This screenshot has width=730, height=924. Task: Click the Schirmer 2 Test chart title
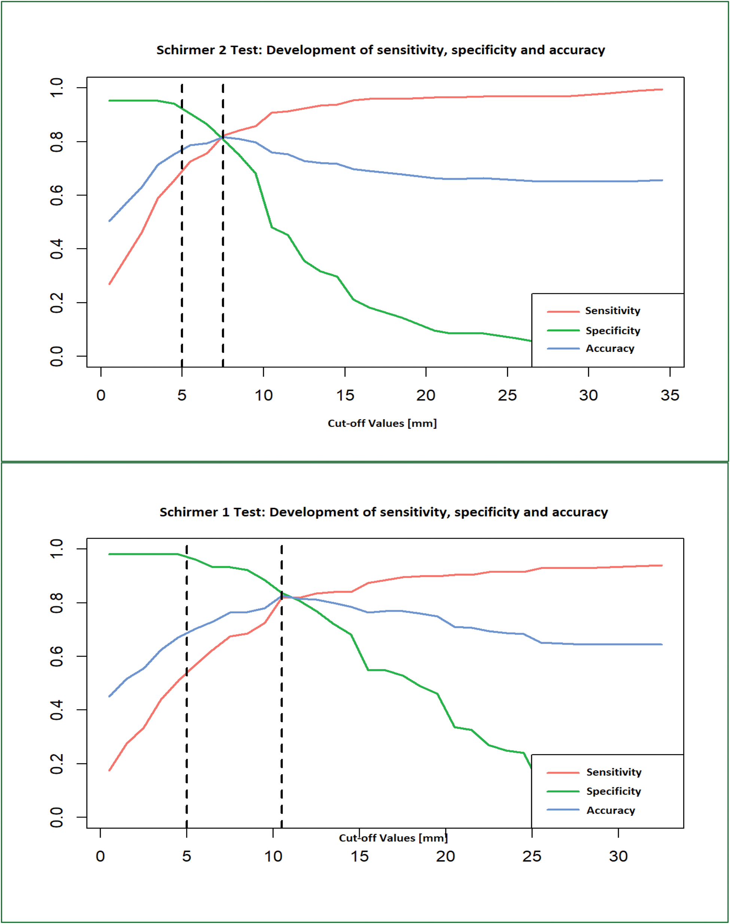pyautogui.click(x=380, y=50)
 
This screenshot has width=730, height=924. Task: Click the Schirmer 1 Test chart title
pyautogui.click(x=383, y=512)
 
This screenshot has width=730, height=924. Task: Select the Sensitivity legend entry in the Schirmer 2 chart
pyautogui.click(x=612, y=311)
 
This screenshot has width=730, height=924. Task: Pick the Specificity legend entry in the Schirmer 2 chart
pyautogui.click(x=612, y=330)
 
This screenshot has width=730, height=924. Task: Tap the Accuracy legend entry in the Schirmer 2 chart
pyautogui.click(x=609, y=349)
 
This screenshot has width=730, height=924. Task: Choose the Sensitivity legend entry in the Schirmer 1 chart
pyautogui.click(x=613, y=772)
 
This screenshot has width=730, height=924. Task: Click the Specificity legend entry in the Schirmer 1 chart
pyautogui.click(x=613, y=791)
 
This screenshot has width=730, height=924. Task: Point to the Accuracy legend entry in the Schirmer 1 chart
pyautogui.click(x=610, y=810)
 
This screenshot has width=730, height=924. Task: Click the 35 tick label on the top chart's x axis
pyautogui.click(x=670, y=395)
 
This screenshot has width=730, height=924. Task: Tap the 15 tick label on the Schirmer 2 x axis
pyautogui.click(x=345, y=395)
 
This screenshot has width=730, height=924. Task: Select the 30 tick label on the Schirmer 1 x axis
pyautogui.click(x=618, y=856)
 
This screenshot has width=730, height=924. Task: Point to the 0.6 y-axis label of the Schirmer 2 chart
pyautogui.click(x=57, y=195)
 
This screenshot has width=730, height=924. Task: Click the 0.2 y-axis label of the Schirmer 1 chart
pyautogui.click(x=57, y=764)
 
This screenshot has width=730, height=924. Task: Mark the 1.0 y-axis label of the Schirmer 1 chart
pyautogui.click(x=57, y=549)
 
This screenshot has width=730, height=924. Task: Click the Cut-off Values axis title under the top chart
pyautogui.click(x=382, y=423)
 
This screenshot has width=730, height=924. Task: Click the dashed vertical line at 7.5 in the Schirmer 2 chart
pyautogui.click(x=223, y=256)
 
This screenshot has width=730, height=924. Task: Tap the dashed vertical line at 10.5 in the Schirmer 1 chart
pyautogui.click(x=282, y=705)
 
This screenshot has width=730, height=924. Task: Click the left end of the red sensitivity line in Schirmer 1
pyautogui.click(x=110, y=770)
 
